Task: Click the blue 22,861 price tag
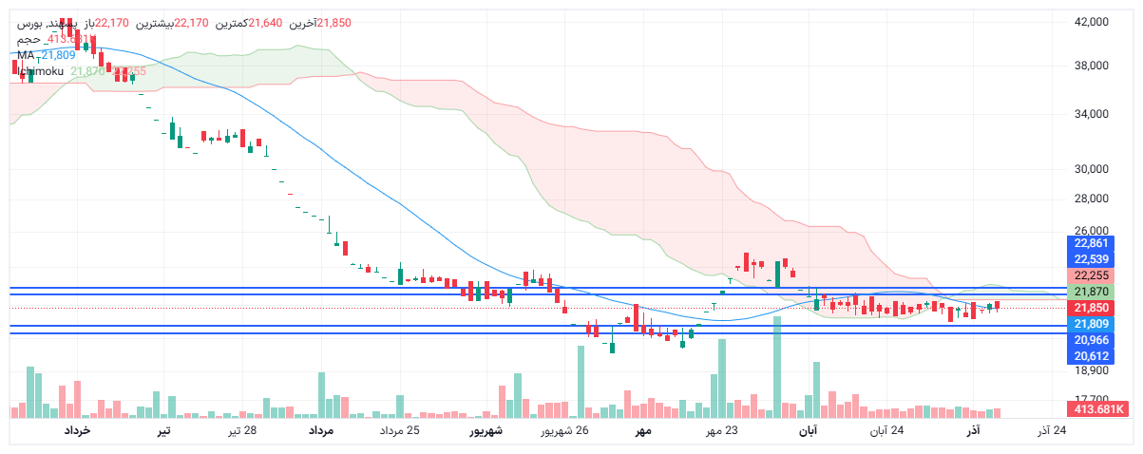pyautogui.click(x=1092, y=244)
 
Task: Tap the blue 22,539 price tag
pyautogui.click(x=1092, y=259)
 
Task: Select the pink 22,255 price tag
pyautogui.click(x=1092, y=275)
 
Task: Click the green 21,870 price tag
pyautogui.click(x=1092, y=292)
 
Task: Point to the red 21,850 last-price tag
pyautogui.click(x=1092, y=309)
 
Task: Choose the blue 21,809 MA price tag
pyautogui.click(x=1092, y=325)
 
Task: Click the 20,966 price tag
pyautogui.click(x=1092, y=340)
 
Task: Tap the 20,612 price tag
pyautogui.click(x=1092, y=356)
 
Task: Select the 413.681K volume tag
pyautogui.click(x=1097, y=409)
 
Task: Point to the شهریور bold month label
pyautogui.click(x=486, y=431)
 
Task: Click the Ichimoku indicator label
pyautogui.click(x=41, y=71)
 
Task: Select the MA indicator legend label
pyautogui.click(x=26, y=55)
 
